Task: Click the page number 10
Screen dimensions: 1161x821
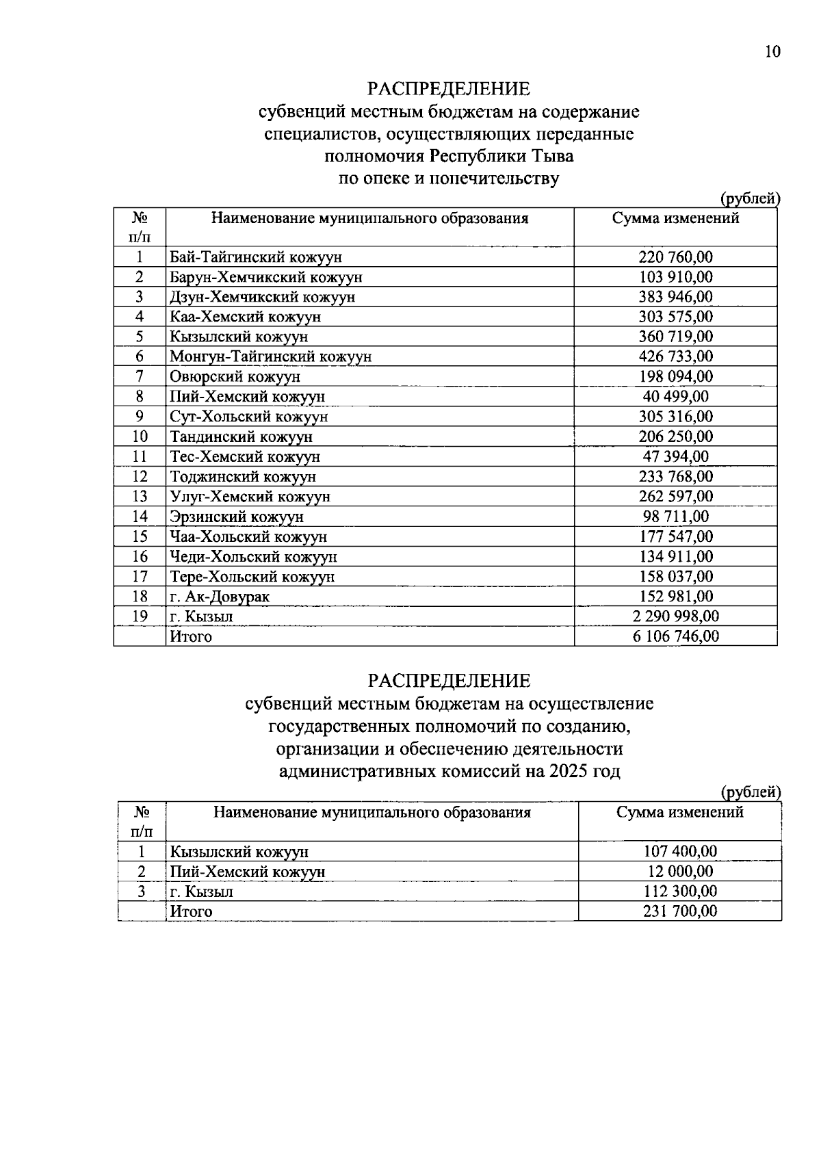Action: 772,53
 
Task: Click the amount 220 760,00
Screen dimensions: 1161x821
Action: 675,257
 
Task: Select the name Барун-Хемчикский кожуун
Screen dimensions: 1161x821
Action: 266,277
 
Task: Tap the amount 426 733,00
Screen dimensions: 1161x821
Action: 675,356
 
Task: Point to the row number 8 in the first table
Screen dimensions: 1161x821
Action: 140,397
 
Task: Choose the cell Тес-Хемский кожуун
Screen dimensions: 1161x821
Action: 245,456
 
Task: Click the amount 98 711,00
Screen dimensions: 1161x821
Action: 675,517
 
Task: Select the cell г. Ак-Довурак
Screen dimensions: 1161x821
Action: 220,597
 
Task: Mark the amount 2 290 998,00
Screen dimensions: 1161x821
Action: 675,616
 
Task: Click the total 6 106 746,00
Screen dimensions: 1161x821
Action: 675,636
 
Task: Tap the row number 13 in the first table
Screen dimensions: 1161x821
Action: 140,496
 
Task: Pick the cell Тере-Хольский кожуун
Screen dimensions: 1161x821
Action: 252,577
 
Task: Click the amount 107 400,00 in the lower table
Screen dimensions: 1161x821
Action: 680,852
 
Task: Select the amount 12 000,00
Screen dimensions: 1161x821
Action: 680,872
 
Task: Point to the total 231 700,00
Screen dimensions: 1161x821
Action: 680,911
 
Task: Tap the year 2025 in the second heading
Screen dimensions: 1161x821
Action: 567,772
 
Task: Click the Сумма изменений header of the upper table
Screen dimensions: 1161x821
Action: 675,219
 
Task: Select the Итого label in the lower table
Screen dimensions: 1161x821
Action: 191,911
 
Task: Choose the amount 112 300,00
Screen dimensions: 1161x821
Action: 680,891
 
